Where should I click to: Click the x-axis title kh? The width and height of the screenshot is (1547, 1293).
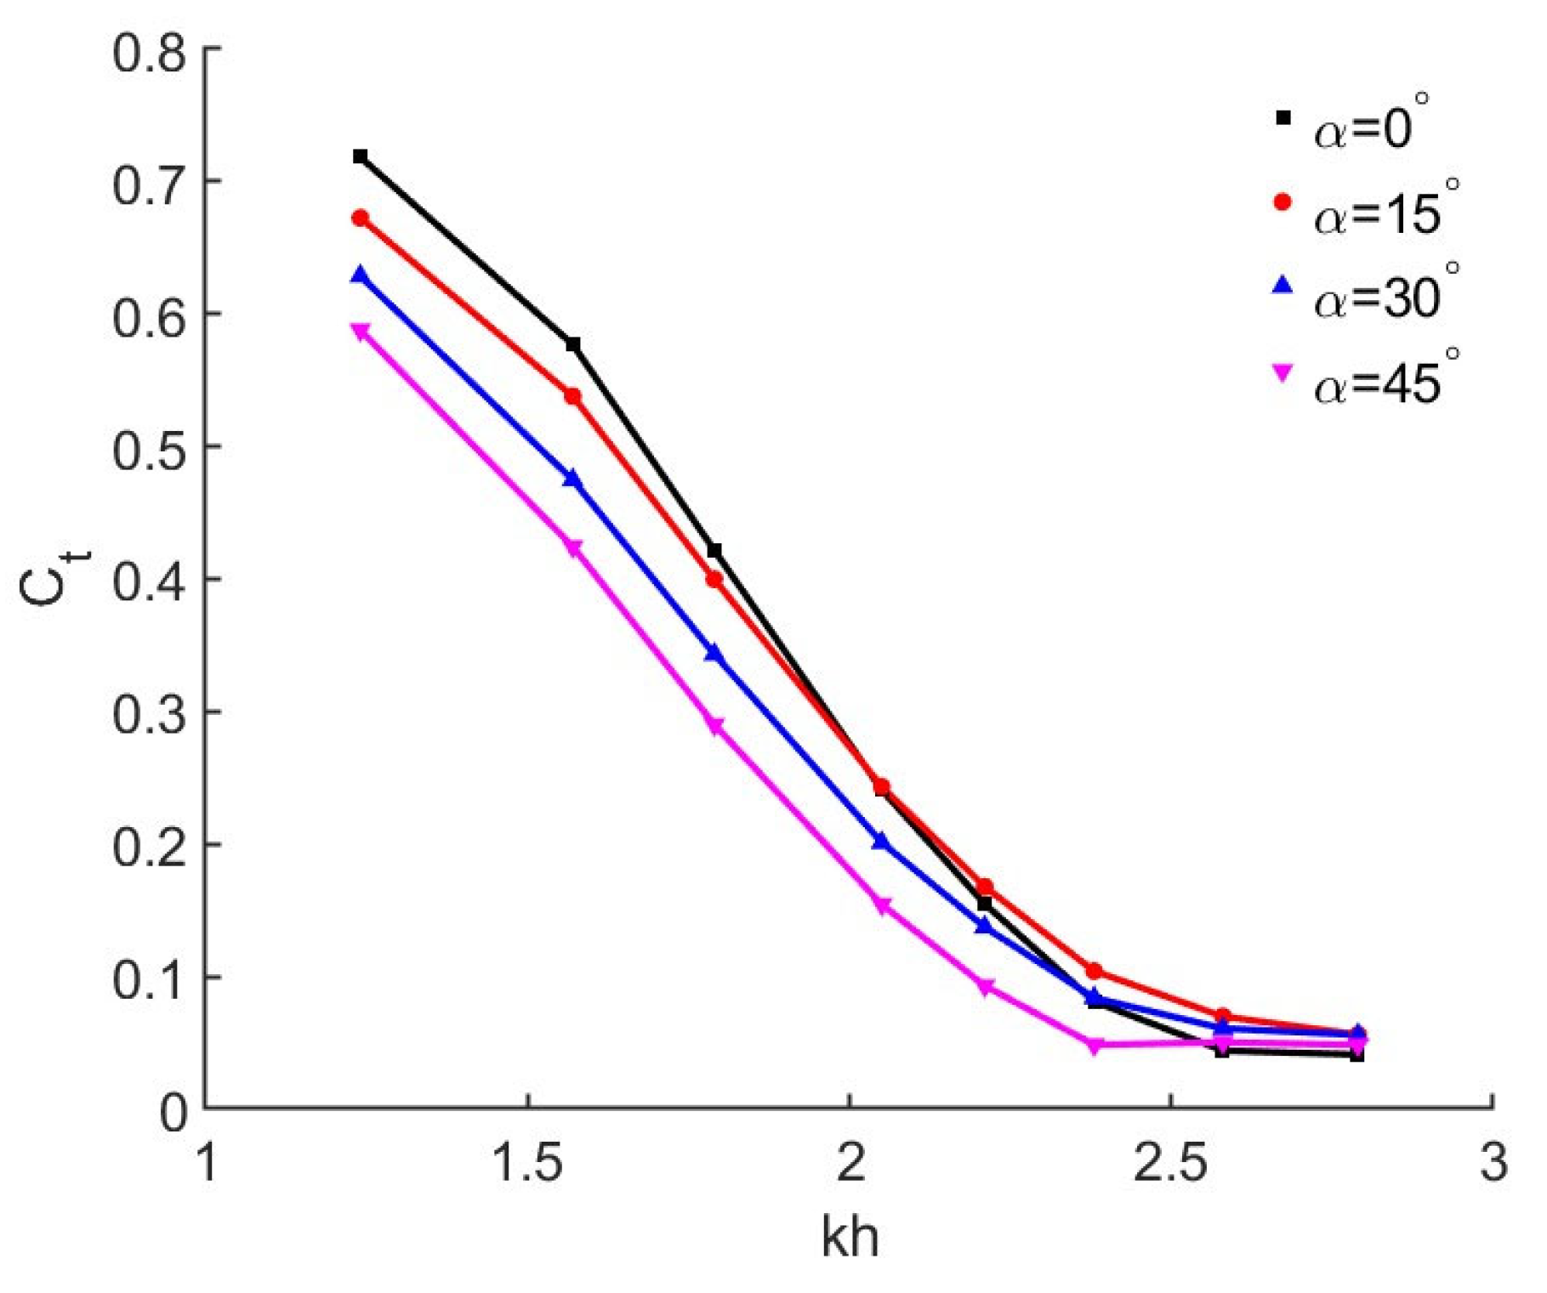click(850, 1238)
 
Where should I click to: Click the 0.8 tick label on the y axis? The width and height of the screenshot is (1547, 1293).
click(148, 53)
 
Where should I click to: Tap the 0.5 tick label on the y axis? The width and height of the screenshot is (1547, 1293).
click(148, 450)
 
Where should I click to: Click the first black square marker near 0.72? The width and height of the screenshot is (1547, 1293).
click(360, 156)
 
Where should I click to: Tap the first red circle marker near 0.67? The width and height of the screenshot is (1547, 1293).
click(360, 218)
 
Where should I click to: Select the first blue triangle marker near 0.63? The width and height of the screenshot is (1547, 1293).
click(360, 275)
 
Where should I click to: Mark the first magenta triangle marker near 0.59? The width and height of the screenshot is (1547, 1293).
click(360, 331)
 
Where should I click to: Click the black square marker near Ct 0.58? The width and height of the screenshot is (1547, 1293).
click(573, 344)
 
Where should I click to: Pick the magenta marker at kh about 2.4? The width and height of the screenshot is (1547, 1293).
click(1095, 1045)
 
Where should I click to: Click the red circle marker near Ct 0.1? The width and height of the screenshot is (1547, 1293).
click(1095, 971)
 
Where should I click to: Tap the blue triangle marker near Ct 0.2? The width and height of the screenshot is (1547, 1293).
click(881, 842)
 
